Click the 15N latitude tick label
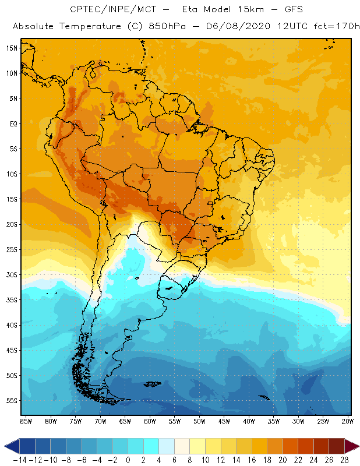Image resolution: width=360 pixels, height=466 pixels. pyautogui.click(x=11, y=48)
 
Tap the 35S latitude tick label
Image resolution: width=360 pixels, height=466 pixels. pyautogui.click(x=11, y=300)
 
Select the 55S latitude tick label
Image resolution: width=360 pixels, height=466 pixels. pyautogui.click(x=11, y=401)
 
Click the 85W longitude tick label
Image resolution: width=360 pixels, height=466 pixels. pyautogui.click(x=26, y=421)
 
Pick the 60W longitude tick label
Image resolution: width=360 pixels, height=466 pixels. pyautogui.click(x=150, y=421)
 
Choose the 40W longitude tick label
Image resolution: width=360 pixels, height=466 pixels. pyautogui.click(x=249, y=421)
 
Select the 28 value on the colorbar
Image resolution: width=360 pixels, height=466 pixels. pyautogui.click(x=344, y=460)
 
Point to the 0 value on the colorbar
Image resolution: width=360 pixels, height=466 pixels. pyautogui.click(x=128, y=460)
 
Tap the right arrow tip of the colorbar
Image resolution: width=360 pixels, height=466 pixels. pyautogui.click(x=357, y=446)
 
